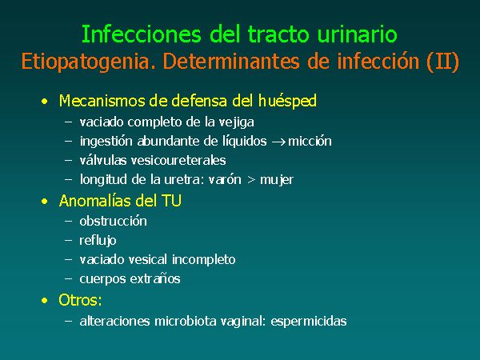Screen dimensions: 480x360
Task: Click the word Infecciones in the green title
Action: click(141, 34)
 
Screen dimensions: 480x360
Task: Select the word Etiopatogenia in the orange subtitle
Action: click(89, 62)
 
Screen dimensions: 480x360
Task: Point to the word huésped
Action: click(287, 102)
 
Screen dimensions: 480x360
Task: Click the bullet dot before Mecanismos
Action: click(45, 102)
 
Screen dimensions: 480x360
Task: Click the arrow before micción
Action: click(278, 142)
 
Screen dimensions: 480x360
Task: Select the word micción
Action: click(310, 141)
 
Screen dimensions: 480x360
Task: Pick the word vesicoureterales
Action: click(178, 161)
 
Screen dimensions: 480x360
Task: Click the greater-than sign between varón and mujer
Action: click(251, 180)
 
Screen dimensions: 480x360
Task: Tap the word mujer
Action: click(277, 180)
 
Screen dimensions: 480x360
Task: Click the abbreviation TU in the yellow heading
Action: click(171, 201)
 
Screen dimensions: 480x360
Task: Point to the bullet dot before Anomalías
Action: click(45, 201)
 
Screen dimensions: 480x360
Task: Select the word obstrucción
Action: click(113, 221)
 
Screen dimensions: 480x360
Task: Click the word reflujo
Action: click(98, 241)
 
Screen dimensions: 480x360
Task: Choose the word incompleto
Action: click(203, 260)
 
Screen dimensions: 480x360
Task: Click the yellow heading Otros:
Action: click(80, 300)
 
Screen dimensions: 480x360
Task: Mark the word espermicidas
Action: click(309, 322)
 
